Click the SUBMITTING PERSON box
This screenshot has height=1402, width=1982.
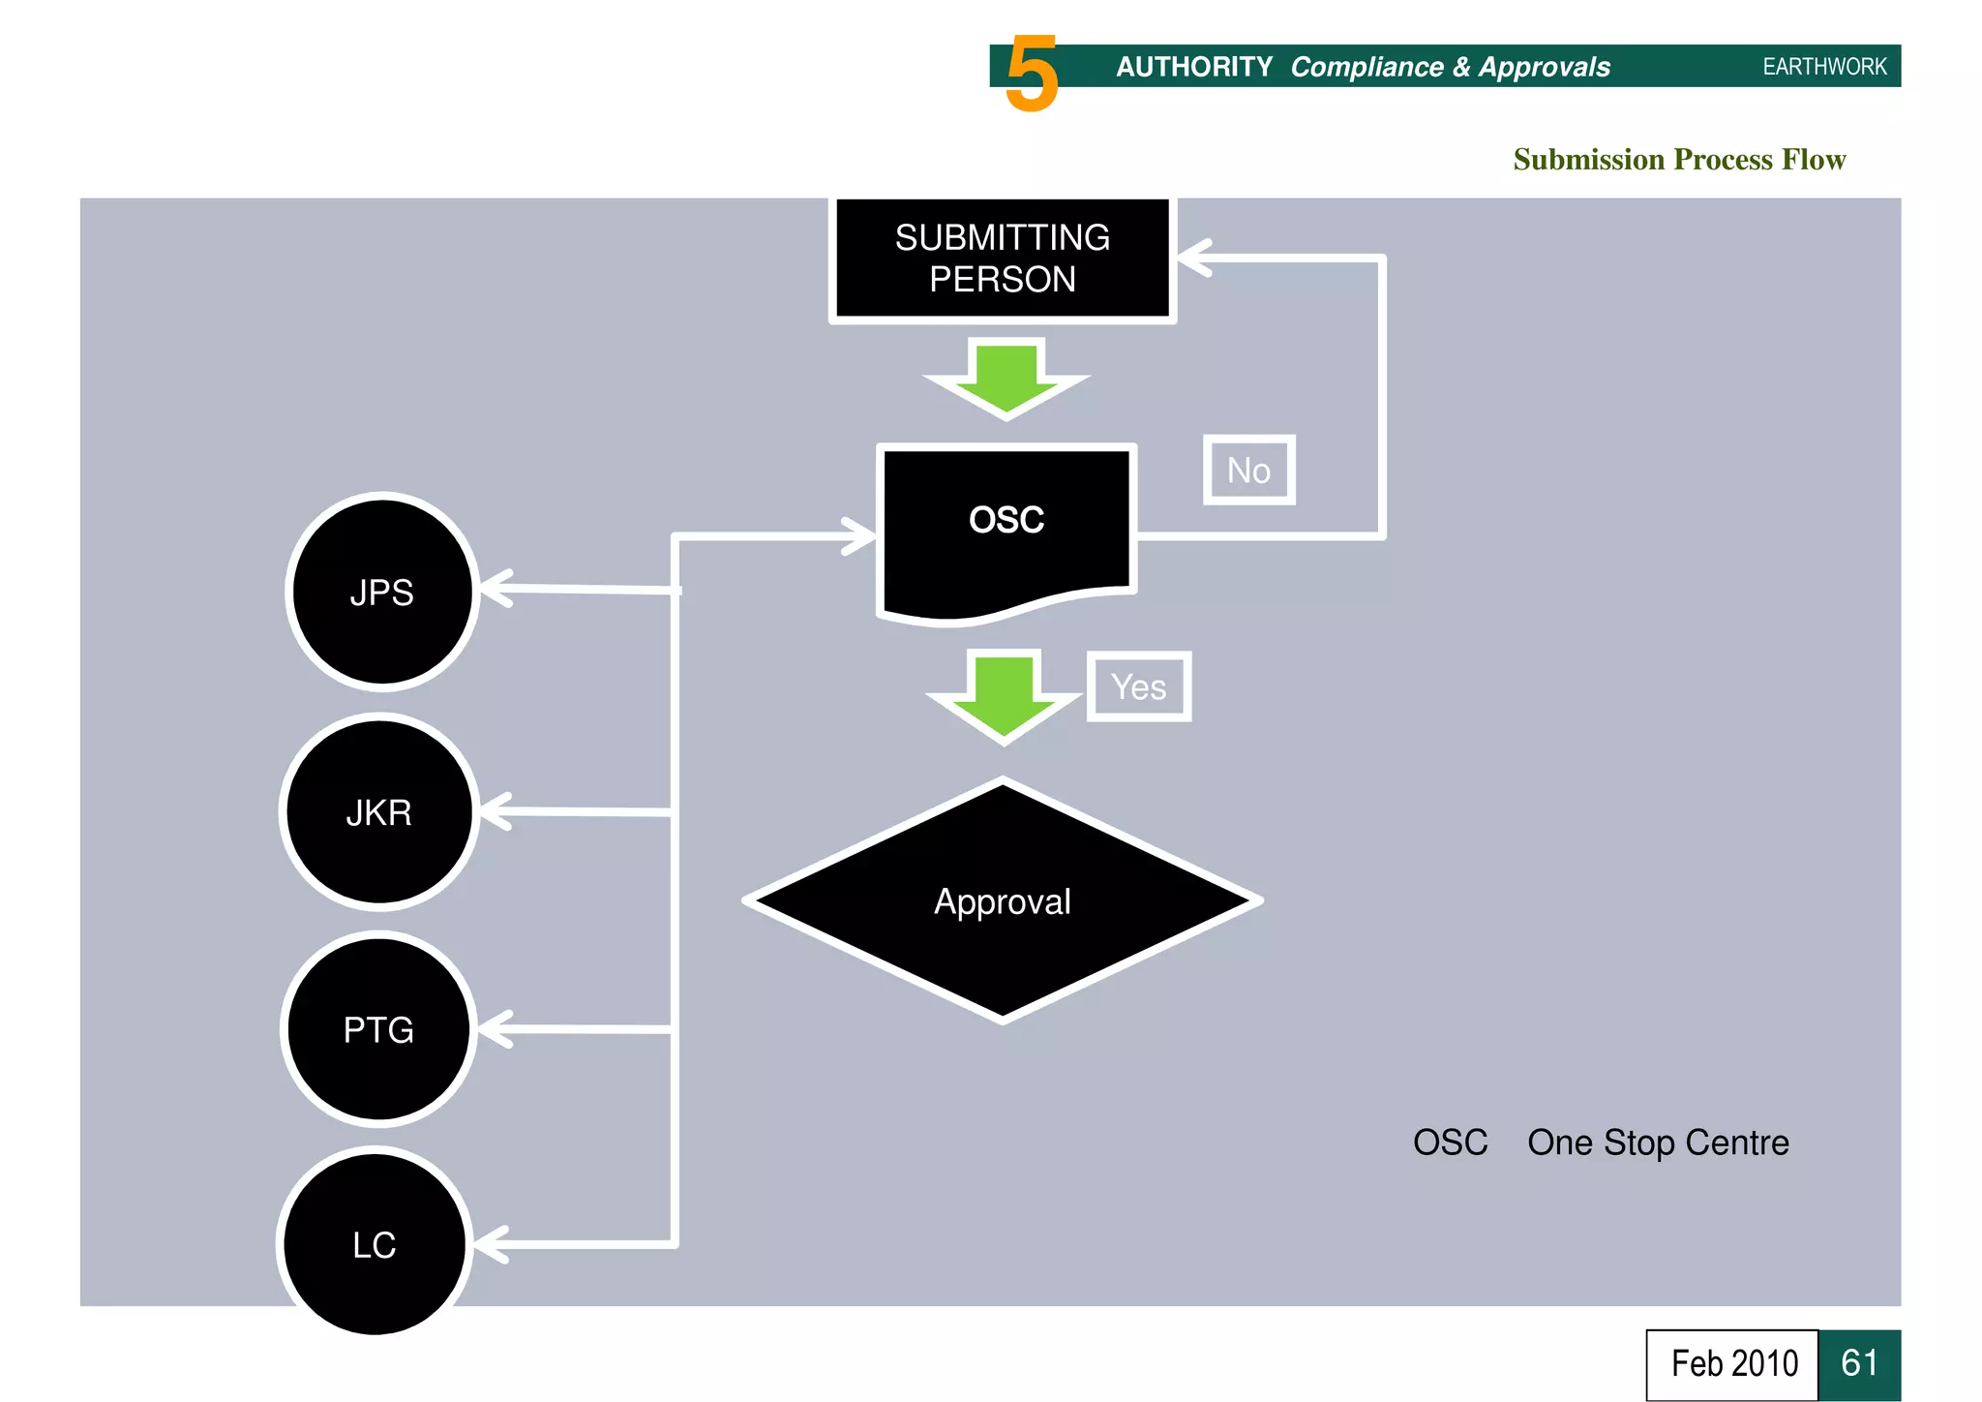point(1003,259)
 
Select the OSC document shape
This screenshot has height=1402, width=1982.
point(1006,528)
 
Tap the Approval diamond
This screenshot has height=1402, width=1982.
point(1003,900)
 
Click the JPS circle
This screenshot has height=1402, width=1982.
point(382,592)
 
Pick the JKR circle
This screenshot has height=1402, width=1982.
point(379,812)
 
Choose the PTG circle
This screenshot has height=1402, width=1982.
point(378,1029)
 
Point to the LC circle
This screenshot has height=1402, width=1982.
point(375,1244)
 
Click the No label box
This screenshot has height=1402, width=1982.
point(1248,471)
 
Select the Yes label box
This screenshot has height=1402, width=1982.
point(1139,686)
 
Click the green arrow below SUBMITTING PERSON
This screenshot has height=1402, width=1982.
point(1006,379)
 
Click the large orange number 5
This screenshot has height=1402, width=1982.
point(1032,74)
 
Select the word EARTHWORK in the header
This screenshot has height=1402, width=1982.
point(1824,67)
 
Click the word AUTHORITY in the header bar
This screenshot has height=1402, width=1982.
point(1194,67)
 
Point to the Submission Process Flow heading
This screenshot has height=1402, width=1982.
point(1679,159)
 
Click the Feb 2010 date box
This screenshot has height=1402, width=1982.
point(1732,1363)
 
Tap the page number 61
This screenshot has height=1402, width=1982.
point(1859,1363)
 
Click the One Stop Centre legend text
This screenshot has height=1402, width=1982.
point(1658,1143)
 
